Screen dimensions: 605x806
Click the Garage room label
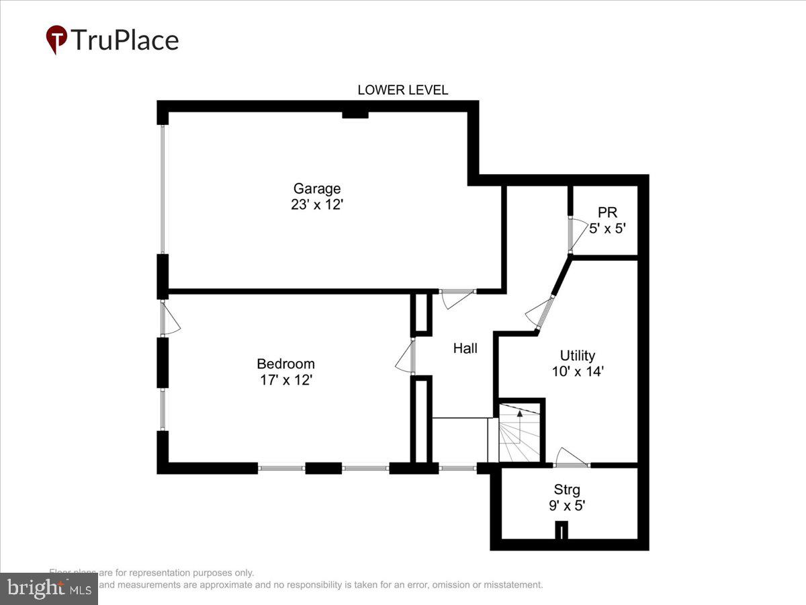[x=317, y=189]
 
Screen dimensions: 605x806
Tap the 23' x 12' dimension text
[x=317, y=204]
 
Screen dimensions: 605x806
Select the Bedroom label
[x=285, y=364]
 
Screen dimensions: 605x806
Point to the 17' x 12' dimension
[x=285, y=380]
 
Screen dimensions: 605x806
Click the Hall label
[x=465, y=348]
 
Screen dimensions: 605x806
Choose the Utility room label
[x=577, y=356]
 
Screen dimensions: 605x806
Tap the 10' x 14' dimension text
[x=577, y=371]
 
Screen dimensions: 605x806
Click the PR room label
[x=607, y=212]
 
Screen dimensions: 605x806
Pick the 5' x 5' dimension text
[x=607, y=229]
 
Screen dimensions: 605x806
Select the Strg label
[x=567, y=489]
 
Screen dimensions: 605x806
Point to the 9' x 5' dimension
[x=567, y=506]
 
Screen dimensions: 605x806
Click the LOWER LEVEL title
[x=402, y=90]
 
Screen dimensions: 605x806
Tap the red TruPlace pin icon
[x=56, y=39]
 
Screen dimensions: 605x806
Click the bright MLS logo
[x=48, y=589]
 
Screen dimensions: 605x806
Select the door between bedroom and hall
[x=408, y=356]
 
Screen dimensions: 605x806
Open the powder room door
[x=573, y=235]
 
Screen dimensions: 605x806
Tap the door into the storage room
[x=572, y=460]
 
